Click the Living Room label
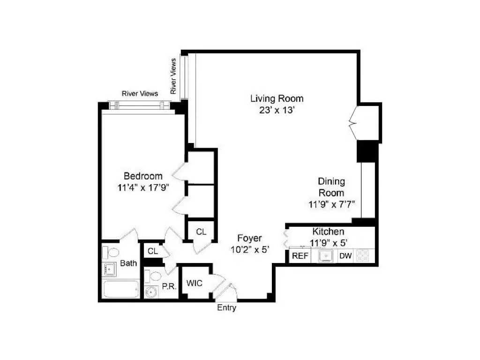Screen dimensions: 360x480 pyautogui.click(x=277, y=98)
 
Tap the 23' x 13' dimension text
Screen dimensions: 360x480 pyautogui.click(x=277, y=111)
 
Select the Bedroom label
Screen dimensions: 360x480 pyautogui.click(x=143, y=176)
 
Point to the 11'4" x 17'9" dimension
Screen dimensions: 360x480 pyautogui.click(x=143, y=188)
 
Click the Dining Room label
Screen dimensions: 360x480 pyautogui.click(x=331, y=187)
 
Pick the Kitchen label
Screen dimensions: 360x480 pyautogui.click(x=328, y=232)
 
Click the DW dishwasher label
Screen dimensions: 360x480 pyautogui.click(x=345, y=256)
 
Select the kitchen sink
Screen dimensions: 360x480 pyautogui.click(x=325, y=255)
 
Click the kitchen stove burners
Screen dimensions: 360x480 pyautogui.click(x=363, y=255)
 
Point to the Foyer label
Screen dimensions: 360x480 pyautogui.click(x=249, y=238)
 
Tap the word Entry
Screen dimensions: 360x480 pyautogui.click(x=226, y=308)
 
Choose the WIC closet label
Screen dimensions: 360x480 pyautogui.click(x=195, y=283)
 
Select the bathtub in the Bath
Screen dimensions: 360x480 pyautogui.click(x=121, y=289)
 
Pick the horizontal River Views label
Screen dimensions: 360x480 pyautogui.click(x=140, y=94)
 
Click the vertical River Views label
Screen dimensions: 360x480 pyautogui.click(x=173, y=76)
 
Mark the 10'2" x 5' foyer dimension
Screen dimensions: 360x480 pyautogui.click(x=249, y=250)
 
